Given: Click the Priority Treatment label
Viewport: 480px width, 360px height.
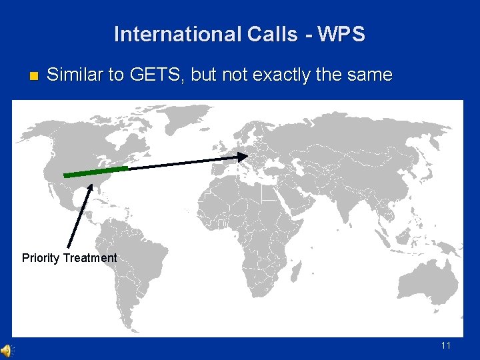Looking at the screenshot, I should [69, 258].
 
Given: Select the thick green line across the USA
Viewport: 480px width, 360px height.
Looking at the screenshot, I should [95, 172].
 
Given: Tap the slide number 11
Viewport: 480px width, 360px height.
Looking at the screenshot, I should [446, 345].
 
